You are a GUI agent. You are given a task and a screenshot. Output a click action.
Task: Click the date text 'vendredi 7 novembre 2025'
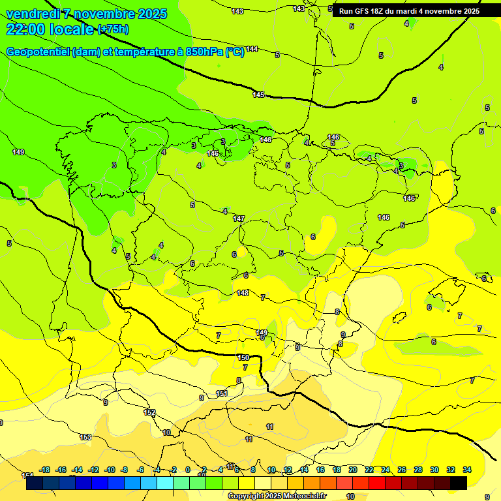[x=86, y=14]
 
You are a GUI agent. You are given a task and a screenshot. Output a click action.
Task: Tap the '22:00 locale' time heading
[x=51, y=29]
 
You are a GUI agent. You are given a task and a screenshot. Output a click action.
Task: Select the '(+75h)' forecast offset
[x=113, y=29]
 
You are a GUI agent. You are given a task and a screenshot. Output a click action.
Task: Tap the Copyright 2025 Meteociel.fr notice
[x=277, y=496]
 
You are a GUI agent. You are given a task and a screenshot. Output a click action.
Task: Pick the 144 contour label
[x=252, y=50]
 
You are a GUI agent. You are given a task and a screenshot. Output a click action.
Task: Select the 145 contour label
[x=258, y=95]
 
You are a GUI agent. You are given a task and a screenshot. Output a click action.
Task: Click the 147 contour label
[x=239, y=219]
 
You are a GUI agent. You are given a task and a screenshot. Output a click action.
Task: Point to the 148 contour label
[x=243, y=293]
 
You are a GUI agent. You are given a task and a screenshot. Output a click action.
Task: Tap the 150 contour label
[x=243, y=357]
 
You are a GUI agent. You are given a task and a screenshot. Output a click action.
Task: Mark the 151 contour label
[x=222, y=393]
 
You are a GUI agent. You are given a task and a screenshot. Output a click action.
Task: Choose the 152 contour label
[x=149, y=412]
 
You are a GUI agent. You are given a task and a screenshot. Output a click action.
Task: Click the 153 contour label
[x=85, y=437]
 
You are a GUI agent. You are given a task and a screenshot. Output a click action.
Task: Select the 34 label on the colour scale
[x=467, y=470]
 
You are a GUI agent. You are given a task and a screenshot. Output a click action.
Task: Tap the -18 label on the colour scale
[x=45, y=470]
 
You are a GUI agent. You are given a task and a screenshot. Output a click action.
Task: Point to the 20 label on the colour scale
[x=353, y=470]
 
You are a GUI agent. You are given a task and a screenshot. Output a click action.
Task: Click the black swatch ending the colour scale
[x=459, y=483]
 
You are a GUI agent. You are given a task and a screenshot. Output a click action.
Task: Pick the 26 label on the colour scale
[x=402, y=470]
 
